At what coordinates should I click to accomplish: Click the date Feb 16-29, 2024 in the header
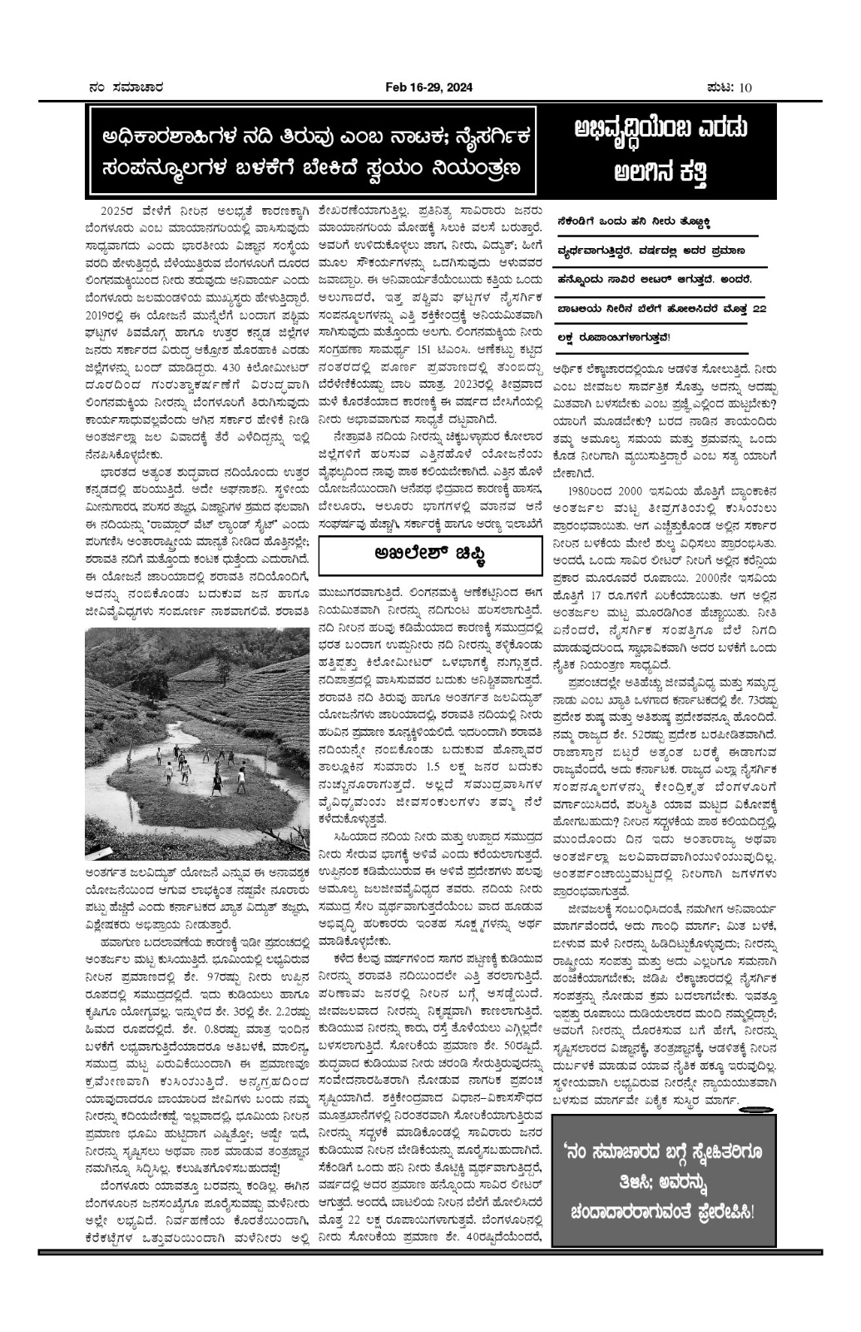click(x=427, y=87)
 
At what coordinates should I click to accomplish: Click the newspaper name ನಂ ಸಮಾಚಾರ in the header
click(x=126, y=87)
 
